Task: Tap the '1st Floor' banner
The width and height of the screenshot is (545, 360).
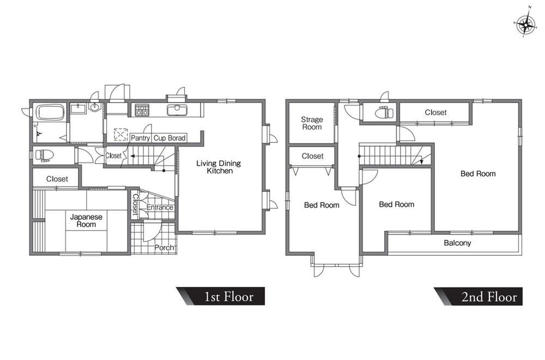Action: pyautogui.click(x=221, y=296)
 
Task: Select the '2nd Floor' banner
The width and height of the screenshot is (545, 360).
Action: pyautogui.click(x=479, y=296)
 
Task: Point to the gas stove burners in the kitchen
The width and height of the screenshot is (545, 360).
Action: pyautogui.click(x=142, y=110)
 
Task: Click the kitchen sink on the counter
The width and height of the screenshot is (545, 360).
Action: pyautogui.click(x=177, y=110)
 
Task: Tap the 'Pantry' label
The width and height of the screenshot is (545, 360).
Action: pyautogui.click(x=140, y=138)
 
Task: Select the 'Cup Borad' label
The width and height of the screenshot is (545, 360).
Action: pyautogui.click(x=169, y=138)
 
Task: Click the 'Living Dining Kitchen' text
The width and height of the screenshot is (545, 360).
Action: pyautogui.click(x=219, y=167)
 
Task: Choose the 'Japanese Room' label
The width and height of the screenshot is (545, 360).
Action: pyautogui.click(x=86, y=220)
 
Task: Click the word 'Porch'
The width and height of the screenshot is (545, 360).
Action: pyautogui.click(x=164, y=248)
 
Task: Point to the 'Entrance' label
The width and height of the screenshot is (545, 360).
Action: pyautogui.click(x=160, y=207)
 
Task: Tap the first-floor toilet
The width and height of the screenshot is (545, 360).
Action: pyautogui.click(x=44, y=155)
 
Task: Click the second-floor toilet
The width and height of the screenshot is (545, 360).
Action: pyautogui.click(x=384, y=112)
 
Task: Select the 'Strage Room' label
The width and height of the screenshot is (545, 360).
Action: pyautogui.click(x=312, y=123)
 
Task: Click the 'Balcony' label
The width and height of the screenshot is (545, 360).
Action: pyautogui.click(x=457, y=243)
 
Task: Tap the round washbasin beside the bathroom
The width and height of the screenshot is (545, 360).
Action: pyautogui.click(x=94, y=107)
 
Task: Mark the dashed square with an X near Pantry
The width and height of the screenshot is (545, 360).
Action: pyautogui.click(x=120, y=135)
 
